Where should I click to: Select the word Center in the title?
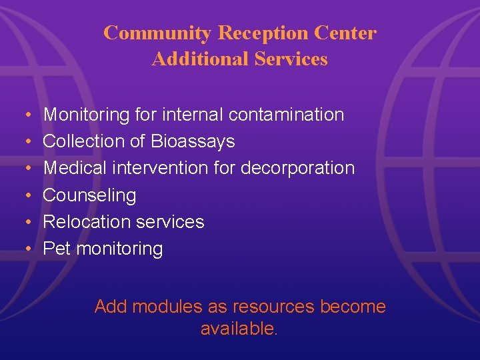pyautogui.click(x=348, y=33)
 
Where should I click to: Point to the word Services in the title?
pyautogui.click(x=291, y=59)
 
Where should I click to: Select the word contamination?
pyautogui.click(x=287, y=115)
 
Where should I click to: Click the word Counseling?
pyautogui.click(x=89, y=195)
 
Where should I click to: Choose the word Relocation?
pyautogui.click(x=85, y=221)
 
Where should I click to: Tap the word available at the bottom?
pyautogui.click(x=237, y=329)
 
